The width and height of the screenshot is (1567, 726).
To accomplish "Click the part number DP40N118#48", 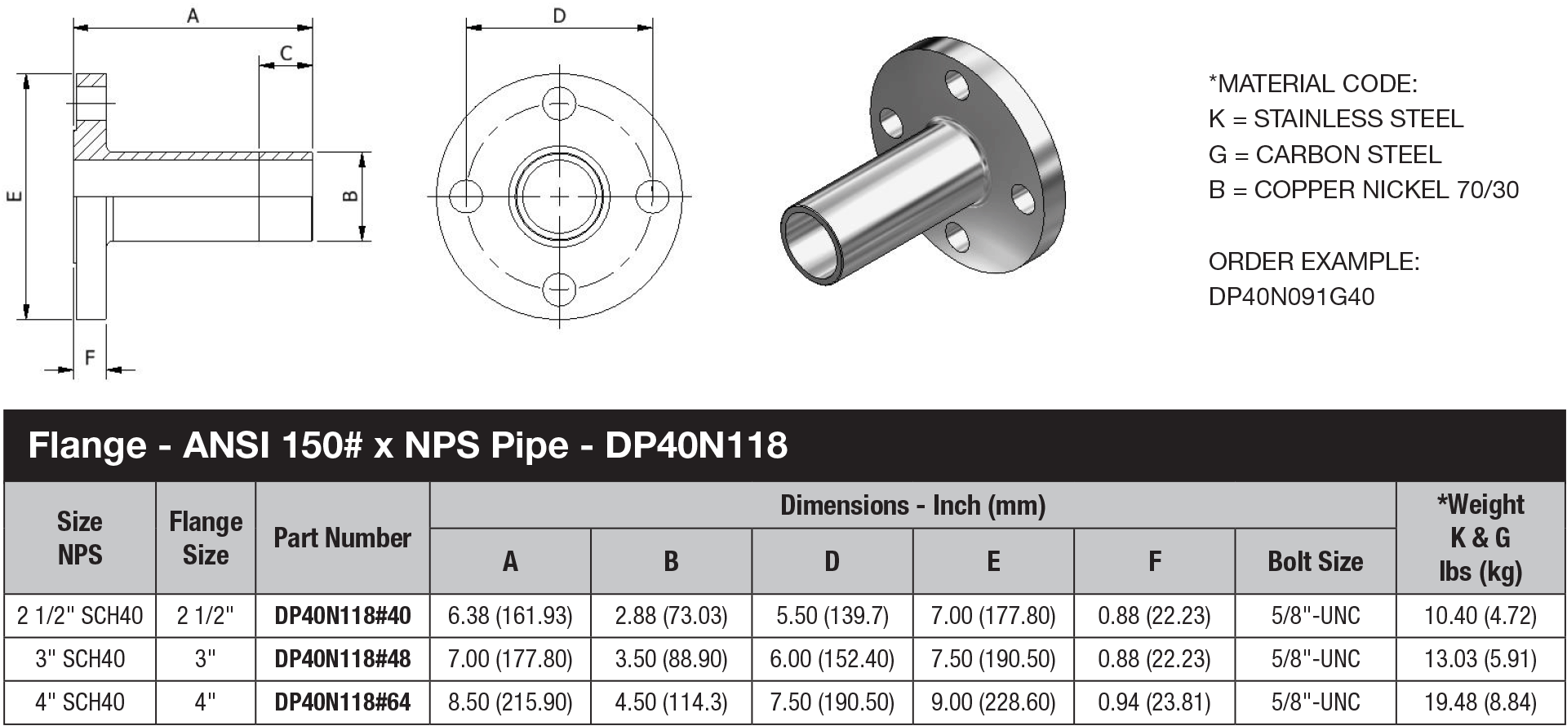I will (x=342, y=659).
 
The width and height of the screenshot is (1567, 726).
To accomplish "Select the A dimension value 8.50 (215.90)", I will (x=510, y=702).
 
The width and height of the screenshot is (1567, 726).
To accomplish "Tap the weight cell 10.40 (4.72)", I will (x=1480, y=616).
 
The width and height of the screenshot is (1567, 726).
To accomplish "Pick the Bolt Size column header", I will (x=1315, y=561).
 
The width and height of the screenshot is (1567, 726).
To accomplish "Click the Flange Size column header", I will (x=206, y=538).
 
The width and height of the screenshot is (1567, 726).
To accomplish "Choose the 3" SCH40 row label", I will (x=80, y=659).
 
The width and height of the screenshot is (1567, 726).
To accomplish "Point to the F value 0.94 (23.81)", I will (x=1153, y=702).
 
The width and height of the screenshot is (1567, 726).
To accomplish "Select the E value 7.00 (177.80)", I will (x=992, y=616).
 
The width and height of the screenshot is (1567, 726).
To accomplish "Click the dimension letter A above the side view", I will (x=193, y=15).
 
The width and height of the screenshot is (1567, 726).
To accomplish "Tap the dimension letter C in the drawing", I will (x=286, y=53).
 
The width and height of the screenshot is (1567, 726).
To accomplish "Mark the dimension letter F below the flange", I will (x=90, y=357).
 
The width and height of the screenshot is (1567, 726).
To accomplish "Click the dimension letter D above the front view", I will (x=559, y=15).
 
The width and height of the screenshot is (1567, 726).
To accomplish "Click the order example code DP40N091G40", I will (x=1291, y=297).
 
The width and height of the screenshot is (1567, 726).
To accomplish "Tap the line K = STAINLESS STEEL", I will (x=1335, y=119).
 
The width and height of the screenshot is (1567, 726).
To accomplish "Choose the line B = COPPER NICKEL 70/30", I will (x=1363, y=190).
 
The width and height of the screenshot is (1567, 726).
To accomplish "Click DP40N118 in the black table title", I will (x=696, y=445).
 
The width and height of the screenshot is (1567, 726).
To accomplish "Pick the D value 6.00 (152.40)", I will (x=832, y=659).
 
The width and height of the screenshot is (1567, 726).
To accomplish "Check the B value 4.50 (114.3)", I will (x=671, y=702).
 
